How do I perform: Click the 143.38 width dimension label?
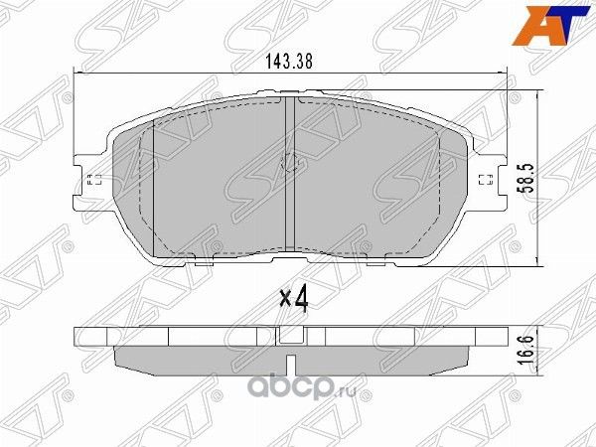(x=290, y=61)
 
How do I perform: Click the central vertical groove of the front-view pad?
(x=287, y=179)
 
